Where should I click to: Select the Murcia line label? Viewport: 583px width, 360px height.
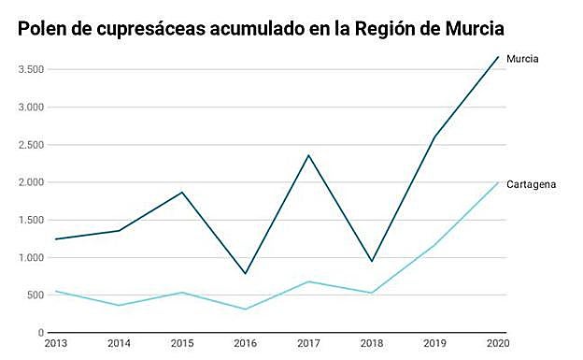[x=523, y=59]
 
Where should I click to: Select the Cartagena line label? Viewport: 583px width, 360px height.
[x=532, y=184]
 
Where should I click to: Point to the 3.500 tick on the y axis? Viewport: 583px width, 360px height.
[x=30, y=70]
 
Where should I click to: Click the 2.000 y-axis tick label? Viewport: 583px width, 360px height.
[x=30, y=182]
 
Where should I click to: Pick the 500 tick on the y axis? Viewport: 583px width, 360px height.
[x=35, y=295]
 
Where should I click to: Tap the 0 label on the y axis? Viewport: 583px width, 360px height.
[x=41, y=333]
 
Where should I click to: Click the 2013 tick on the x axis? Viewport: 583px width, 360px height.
[x=56, y=345]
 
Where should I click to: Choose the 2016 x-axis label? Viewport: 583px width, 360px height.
[x=246, y=345]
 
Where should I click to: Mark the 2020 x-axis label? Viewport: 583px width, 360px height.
[x=498, y=345]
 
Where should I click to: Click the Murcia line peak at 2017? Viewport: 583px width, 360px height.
[x=308, y=155]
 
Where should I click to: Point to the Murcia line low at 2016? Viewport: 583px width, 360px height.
[x=246, y=274]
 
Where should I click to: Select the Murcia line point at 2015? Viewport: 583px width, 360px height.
[x=182, y=193]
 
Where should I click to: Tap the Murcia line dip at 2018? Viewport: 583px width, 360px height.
[x=372, y=261]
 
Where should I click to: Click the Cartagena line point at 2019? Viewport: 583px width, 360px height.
[x=434, y=246]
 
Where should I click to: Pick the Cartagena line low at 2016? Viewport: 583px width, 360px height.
[x=246, y=310]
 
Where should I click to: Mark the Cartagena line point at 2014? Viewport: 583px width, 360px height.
[x=119, y=306]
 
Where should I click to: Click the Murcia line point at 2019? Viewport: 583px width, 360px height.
[x=434, y=137]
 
